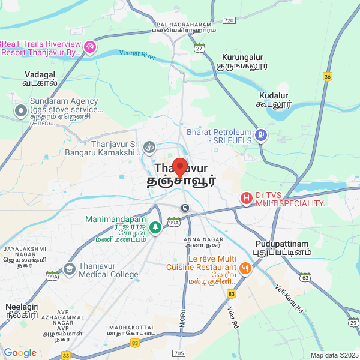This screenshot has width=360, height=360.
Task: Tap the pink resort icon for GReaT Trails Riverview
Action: (90, 47)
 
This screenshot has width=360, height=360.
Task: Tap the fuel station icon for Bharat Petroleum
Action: (260, 135)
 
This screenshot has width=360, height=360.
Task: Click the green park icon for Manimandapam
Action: (155, 227)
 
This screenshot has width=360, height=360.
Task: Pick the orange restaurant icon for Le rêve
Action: (244, 268)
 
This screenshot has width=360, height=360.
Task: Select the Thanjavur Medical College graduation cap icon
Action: (69, 271)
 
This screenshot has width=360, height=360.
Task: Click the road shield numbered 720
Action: (228, 20)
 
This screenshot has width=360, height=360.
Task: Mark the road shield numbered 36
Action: (327, 76)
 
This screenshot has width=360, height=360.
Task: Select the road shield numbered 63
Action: (305, 278)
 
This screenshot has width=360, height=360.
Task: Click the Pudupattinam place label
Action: (282, 248)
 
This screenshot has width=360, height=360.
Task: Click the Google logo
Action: (20, 353)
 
